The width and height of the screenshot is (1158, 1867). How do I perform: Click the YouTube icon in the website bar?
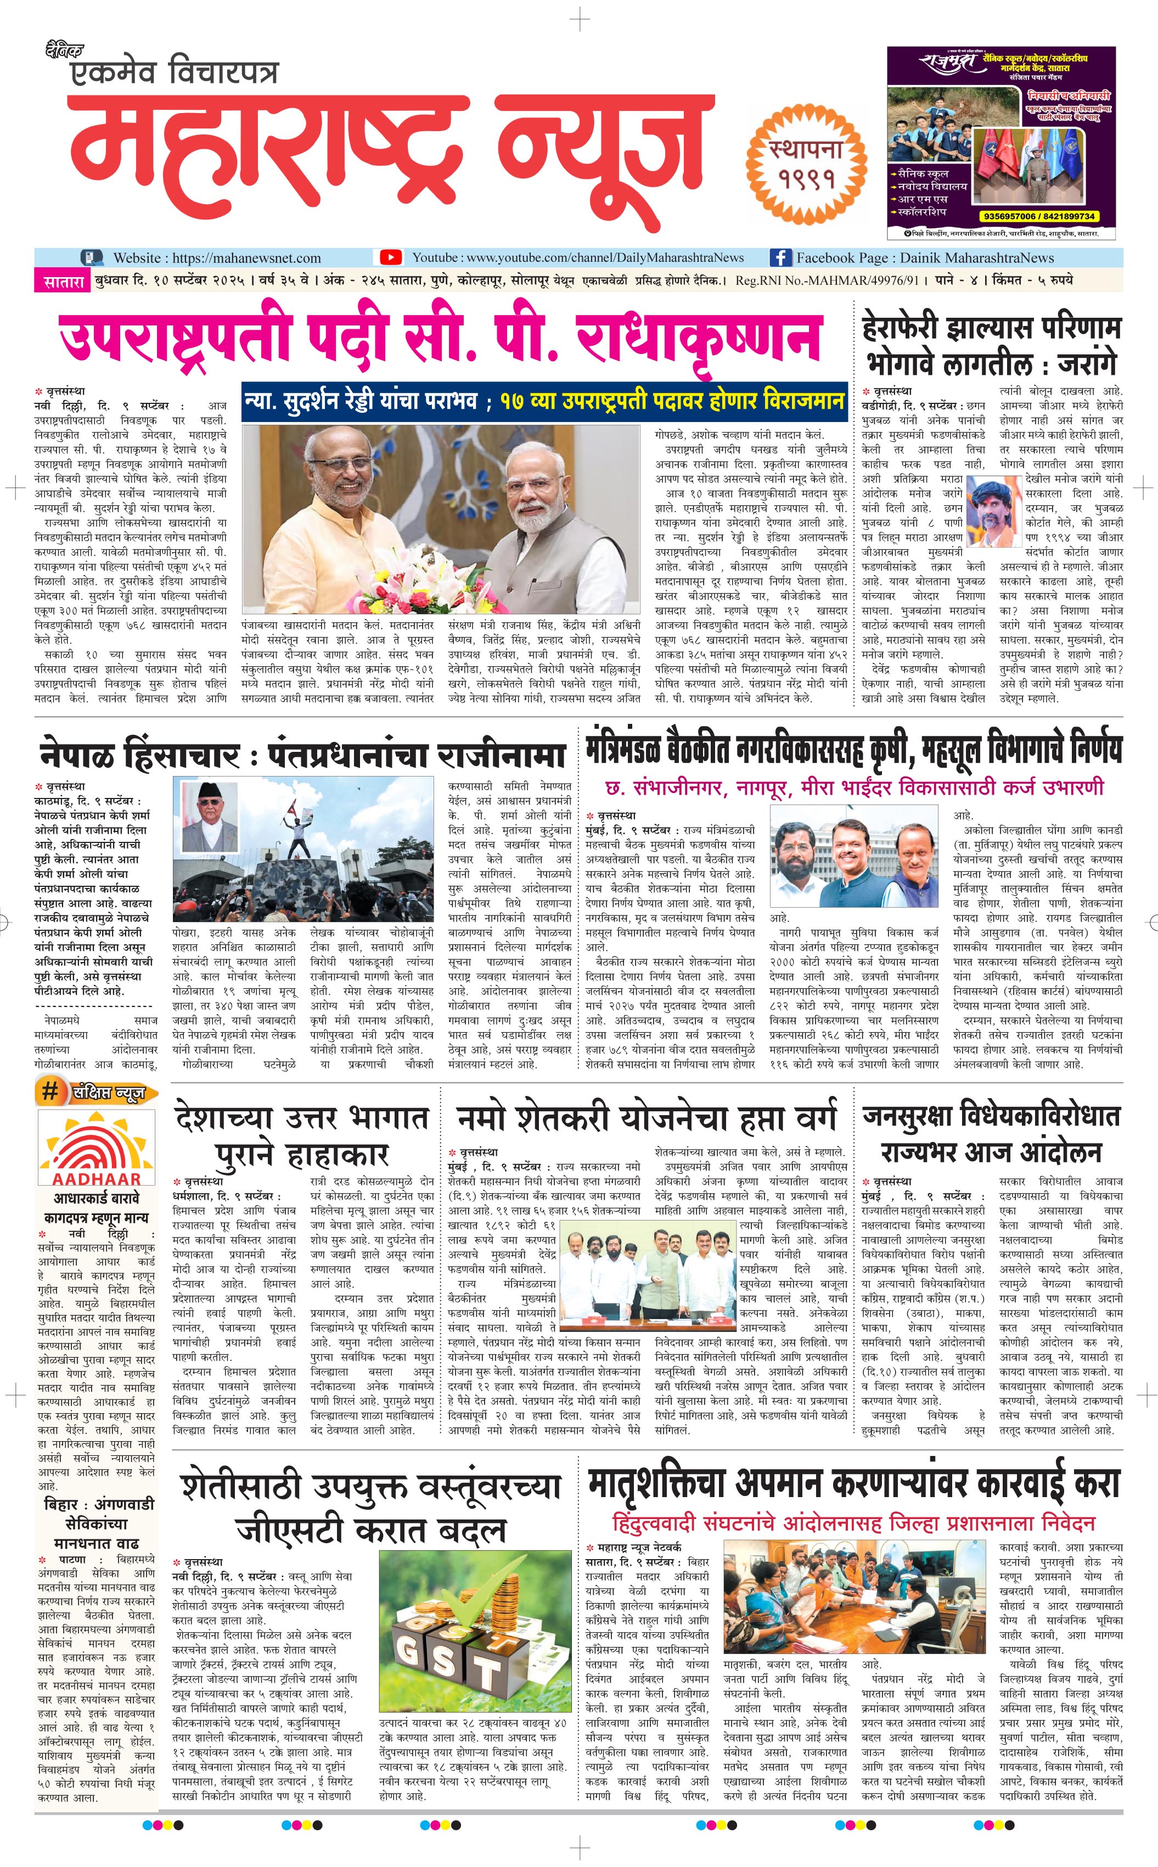click(x=391, y=257)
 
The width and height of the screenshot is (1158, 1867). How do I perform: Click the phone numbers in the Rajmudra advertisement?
click(x=1037, y=216)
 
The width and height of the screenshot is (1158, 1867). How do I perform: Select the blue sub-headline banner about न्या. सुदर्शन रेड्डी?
click(x=544, y=401)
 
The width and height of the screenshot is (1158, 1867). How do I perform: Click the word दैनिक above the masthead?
click(x=64, y=51)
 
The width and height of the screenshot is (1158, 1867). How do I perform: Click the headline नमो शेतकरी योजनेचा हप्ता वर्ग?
click(x=647, y=1119)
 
